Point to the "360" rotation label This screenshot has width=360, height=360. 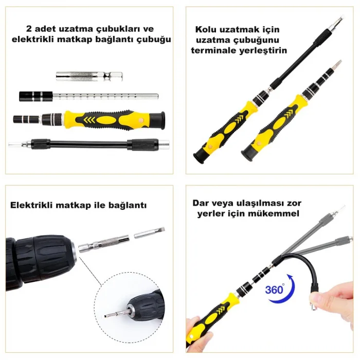click(x=274, y=290)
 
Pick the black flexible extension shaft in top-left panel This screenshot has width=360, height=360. click(x=82, y=144)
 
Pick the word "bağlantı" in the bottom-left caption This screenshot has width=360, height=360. click(x=129, y=205)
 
